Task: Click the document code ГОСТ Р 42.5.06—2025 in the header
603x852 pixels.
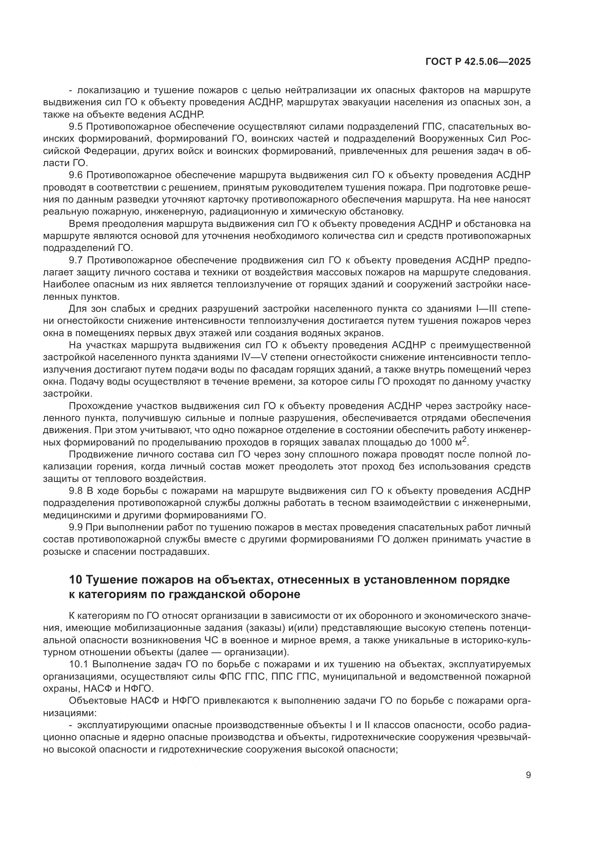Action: (x=478, y=62)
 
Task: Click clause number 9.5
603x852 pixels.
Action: (x=76, y=127)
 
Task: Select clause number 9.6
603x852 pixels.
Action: (x=76, y=175)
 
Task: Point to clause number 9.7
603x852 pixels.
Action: (x=76, y=260)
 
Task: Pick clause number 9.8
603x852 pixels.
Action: (x=76, y=491)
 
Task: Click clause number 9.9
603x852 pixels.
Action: (x=76, y=527)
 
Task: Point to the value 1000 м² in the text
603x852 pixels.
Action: (x=450, y=442)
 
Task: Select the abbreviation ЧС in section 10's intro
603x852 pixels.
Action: (x=209, y=640)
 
